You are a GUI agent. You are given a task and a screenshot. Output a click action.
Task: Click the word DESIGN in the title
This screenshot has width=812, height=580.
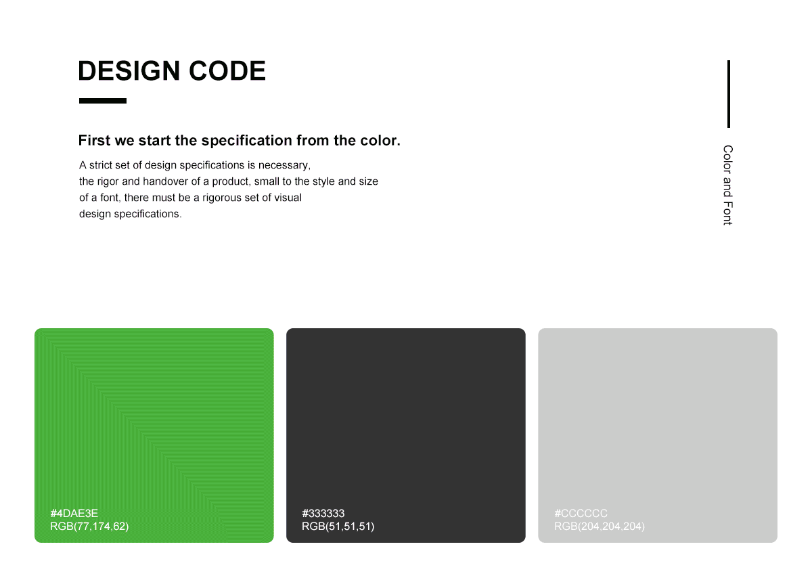click(x=129, y=70)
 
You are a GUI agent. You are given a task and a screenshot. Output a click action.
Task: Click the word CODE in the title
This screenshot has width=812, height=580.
click(x=227, y=70)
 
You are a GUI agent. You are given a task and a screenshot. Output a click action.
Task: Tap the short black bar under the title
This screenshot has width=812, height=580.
click(x=103, y=101)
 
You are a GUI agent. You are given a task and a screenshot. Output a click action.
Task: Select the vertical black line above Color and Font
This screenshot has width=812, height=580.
click(x=729, y=94)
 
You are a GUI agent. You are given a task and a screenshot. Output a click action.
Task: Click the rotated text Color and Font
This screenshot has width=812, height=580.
click(x=728, y=185)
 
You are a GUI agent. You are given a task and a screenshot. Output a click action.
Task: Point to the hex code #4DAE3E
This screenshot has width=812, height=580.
click(x=74, y=513)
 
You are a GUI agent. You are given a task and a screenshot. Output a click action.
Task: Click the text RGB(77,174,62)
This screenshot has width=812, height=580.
click(x=89, y=527)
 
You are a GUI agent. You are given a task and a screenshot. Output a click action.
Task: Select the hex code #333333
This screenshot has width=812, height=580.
click(x=323, y=513)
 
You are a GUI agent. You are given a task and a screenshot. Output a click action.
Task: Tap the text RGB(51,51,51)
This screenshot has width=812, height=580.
click(x=338, y=527)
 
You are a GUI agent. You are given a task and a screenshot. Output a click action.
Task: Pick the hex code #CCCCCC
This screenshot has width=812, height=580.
click(x=581, y=513)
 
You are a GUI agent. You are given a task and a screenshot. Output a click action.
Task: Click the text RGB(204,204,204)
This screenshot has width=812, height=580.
click(x=600, y=527)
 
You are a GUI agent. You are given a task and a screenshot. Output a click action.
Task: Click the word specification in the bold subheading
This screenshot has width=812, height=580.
click(x=247, y=141)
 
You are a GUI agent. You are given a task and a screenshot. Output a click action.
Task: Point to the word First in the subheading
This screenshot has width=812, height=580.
click(x=94, y=140)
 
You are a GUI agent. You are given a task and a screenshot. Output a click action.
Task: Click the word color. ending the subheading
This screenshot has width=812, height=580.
click(x=380, y=141)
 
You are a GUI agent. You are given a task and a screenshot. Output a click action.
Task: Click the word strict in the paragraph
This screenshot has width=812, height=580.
click(x=101, y=165)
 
